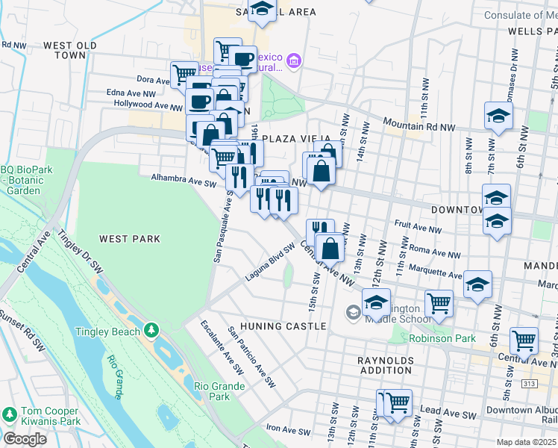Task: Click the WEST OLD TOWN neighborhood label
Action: coord(70,50)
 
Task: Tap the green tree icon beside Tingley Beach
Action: coord(152,329)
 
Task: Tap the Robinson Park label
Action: coord(443,338)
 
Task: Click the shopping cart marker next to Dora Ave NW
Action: coord(184,73)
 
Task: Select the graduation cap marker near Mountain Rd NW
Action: coord(498,116)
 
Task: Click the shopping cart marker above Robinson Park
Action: coord(439,302)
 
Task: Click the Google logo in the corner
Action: coord(25,439)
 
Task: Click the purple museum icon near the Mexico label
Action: coord(294,60)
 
